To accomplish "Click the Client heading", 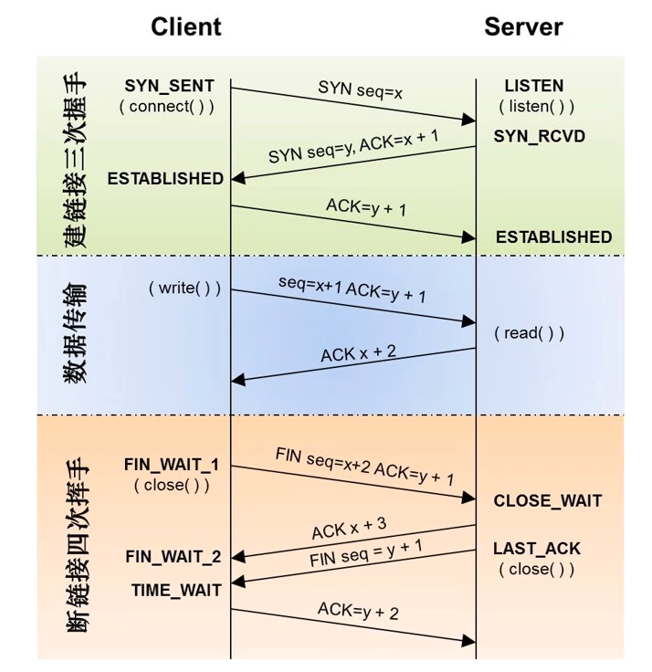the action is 186,26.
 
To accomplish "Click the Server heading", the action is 523,27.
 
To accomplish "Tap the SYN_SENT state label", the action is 169,86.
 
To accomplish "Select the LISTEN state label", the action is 533,86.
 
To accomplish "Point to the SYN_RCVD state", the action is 540,136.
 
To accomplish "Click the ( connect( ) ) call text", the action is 166,106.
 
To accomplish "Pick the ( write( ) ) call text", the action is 184,288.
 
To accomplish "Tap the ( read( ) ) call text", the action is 529,333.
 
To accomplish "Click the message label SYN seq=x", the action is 360,89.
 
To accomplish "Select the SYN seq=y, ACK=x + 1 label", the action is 353,146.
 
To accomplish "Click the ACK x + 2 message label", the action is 358,353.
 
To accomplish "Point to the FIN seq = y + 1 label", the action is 366,553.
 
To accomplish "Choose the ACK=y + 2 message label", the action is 358,611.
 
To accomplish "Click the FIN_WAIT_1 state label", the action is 172,465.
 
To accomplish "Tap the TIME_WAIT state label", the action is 176,591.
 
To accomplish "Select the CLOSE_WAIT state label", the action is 548,500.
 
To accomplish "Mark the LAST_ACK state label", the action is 537,549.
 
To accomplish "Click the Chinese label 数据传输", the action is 76,332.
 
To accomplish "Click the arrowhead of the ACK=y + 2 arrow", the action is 468,641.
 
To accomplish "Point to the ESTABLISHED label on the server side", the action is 554,237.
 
